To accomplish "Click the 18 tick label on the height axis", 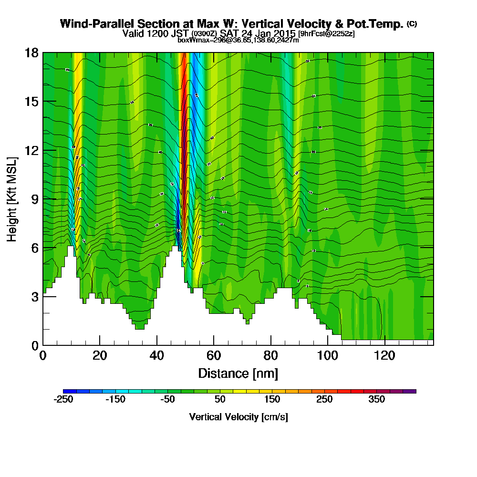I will point(31,53).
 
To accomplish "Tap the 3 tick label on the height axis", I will point(34,297).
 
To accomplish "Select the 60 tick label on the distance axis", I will point(214,355).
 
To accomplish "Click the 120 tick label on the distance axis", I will point(385,355).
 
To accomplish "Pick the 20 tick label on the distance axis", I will point(100,355).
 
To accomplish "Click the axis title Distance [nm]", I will point(238,373).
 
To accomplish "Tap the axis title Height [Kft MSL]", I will point(12,198).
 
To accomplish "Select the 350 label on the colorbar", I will point(377,400).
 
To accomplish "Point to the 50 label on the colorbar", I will point(220,400).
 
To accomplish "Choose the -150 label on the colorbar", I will point(115,400).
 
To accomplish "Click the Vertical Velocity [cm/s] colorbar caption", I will point(238,417).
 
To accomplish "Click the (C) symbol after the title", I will point(412,24).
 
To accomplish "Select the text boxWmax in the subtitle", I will point(193,41).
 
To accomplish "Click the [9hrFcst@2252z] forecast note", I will point(326,34).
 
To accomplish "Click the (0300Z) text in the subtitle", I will point(205,34).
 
